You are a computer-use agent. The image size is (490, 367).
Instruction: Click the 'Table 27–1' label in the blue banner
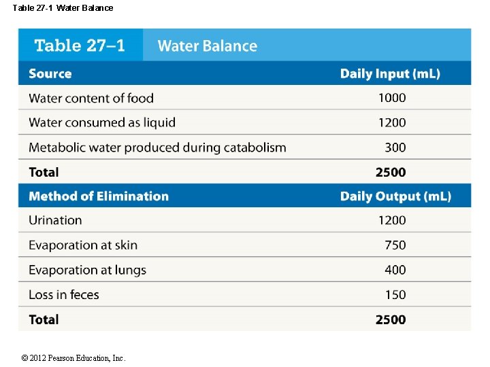(80, 46)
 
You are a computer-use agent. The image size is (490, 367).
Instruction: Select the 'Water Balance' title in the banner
(208, 46)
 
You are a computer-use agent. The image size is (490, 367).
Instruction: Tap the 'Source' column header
(50, 73)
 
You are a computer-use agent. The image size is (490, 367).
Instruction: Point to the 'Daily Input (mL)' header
(390, 74)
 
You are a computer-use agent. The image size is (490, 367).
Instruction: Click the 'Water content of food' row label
(91, 98)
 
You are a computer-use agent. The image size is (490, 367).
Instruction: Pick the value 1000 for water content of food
(392, 98)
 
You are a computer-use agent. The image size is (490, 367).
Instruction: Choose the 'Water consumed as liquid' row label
(102, 122)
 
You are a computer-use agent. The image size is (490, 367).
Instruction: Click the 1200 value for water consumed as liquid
(392, 122)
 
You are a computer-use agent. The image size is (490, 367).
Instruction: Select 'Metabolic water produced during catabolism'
(157, 147)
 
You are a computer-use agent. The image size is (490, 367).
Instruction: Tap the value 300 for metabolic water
(395, 147)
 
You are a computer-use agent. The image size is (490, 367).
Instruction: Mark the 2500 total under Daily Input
(391, 172)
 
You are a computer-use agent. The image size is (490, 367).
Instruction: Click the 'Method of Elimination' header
(99, 196)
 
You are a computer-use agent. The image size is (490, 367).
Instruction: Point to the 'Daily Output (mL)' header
(395, 196)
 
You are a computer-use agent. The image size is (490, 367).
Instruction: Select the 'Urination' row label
(55, 220)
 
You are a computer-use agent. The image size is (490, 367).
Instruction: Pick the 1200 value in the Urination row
(392, 220)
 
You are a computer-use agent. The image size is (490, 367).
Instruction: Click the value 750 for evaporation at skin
(395, 245)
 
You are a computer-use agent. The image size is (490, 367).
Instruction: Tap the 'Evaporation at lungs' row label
(88, 270)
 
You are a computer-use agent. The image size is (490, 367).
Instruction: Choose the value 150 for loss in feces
(395, 294)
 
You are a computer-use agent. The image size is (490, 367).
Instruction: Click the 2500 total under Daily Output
(391, 319)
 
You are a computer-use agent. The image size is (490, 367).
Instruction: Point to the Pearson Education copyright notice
(73, 358)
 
